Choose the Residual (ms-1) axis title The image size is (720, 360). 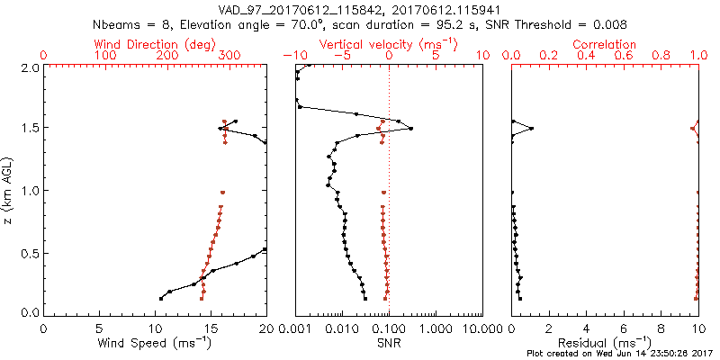click(x=606, y=342)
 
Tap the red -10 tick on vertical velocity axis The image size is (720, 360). click(x=292, y=56)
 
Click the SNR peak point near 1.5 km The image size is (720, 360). click(x=411, y=129)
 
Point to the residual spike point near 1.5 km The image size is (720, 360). click(x=532, y=129)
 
